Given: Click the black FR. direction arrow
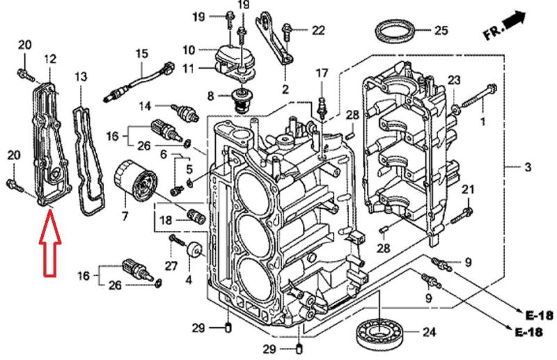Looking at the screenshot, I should [x=514, y=21].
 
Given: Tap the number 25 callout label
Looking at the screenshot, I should [x=440, y=30].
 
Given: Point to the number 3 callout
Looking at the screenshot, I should [x=528, y=167].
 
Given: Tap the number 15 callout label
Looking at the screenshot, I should [x=142, y=53].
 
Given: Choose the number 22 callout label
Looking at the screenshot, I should [x=318, y=29].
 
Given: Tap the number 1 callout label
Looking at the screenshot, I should [x=481, y=123].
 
